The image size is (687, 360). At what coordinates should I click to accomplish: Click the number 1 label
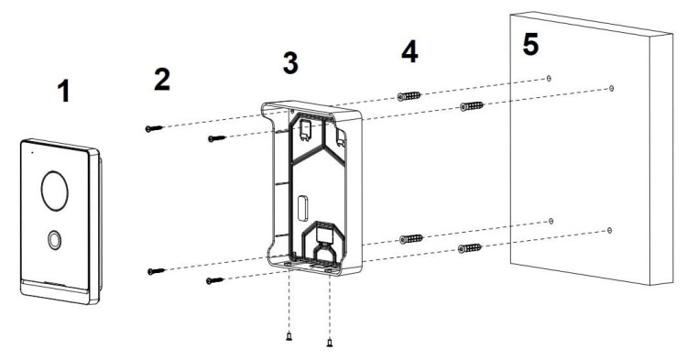click(x=64, y=92)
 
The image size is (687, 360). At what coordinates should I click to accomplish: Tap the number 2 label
click(x=161, y=80)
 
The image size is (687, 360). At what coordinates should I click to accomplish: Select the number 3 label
click(x=290, y=62)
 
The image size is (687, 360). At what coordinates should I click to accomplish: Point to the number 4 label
click(x=409, y=51)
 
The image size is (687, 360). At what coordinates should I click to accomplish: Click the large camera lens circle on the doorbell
click(x=55, y=191)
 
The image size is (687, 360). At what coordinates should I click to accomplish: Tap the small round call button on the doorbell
click(x=54, y=240)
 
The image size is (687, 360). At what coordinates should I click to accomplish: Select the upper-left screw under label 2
click(x=154, y=128)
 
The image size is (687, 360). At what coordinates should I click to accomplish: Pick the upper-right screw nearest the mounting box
click(x=217, y=139)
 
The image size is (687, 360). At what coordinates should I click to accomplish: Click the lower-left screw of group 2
click(x=157, y=271)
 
